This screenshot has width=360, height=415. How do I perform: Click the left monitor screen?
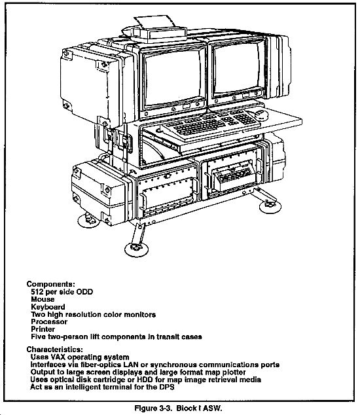[x=173, y=79]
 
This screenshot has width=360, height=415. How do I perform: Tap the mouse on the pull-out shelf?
[x=261, y=115]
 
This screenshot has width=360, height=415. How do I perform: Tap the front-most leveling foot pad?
[x=136, y=249]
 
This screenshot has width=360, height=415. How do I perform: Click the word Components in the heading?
[x=51, y=284]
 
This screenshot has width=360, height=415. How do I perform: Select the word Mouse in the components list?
[x=43, y=299]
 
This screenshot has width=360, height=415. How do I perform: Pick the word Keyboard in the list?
[x=48, y=307]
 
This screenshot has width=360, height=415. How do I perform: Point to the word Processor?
[x=49, y=322]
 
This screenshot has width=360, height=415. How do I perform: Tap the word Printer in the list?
[x=43, y=329]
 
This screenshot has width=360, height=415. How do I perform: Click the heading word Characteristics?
[x=55, y=350]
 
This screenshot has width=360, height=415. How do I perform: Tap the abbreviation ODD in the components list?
[x=84, y=292]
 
